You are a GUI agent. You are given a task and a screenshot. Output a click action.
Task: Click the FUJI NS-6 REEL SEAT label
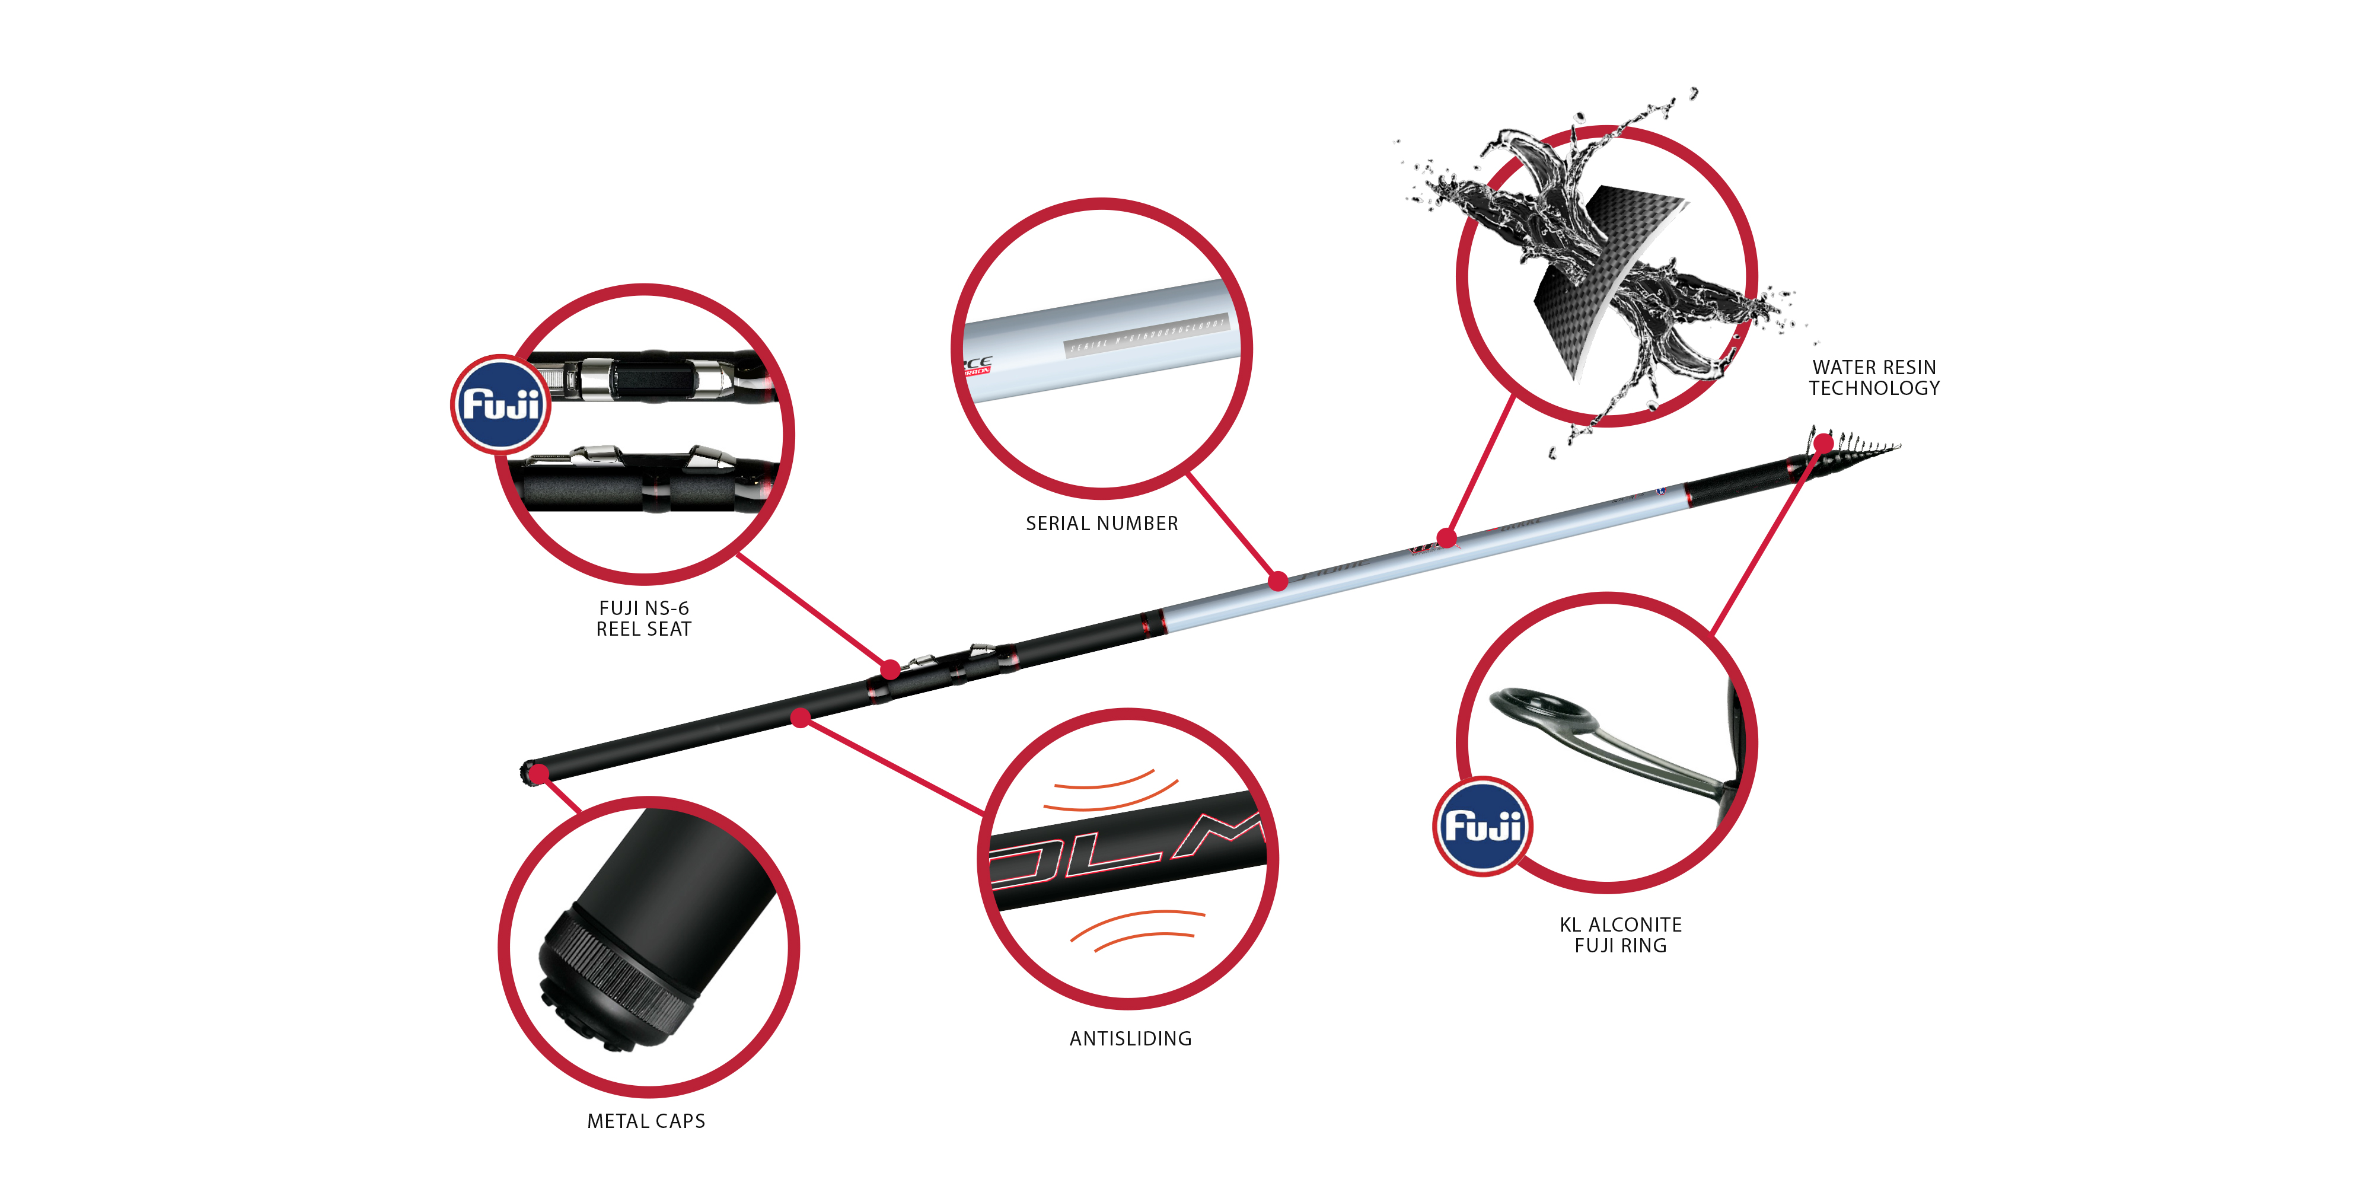pyautogui.click(x=643, y=618)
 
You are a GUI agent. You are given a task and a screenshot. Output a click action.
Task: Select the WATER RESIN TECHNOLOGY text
pyautogui.click(x=1874, y=378)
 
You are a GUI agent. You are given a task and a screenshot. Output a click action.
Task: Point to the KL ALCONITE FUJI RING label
pyautogui.click(x=1621, y=935)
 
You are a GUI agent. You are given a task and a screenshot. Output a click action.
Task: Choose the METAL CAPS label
pyautogui.click(x=646, y=1121)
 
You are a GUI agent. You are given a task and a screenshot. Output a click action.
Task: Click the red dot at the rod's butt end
pyautogui.click(x=538, y=773)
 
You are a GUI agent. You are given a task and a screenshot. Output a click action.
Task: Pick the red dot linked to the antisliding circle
pyautogui.click(x=801, y=718)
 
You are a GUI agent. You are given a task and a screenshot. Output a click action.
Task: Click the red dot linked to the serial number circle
pyautogui.click(x=1278, y=581)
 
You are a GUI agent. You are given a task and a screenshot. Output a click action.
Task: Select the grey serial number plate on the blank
pyautogui.click(x=1146, y=334)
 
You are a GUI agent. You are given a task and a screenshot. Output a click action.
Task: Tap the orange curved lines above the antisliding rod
pyautogui.click(x=1110, y=790)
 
